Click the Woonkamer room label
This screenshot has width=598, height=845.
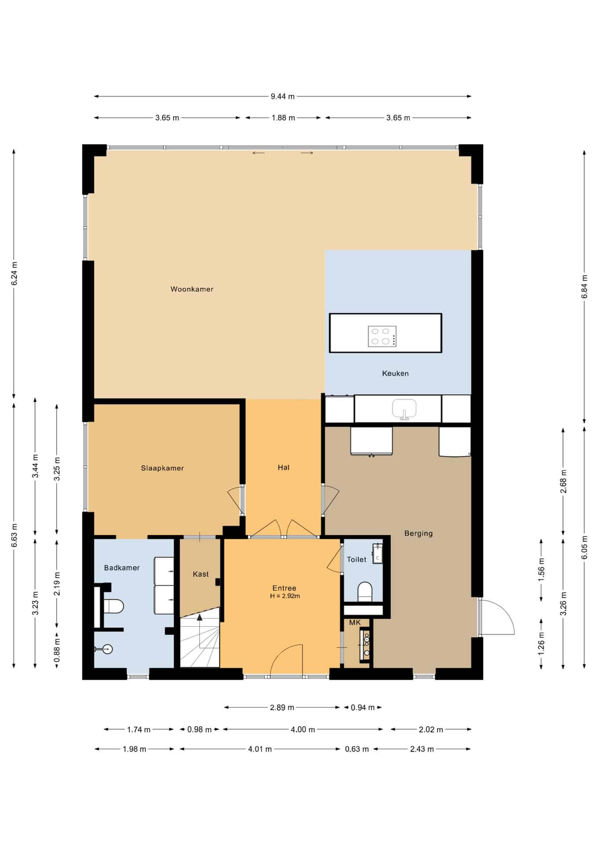click(192, 289)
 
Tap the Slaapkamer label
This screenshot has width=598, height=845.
click(162, 468)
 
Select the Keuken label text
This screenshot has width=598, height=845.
click(395, 374)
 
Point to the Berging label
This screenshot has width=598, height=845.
click(418, 534)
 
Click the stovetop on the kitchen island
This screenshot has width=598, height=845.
click(382, 336)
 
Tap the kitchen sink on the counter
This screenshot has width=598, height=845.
click(404, 409)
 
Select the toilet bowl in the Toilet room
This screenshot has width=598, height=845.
click(365, 592)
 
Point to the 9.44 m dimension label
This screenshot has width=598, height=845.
click(283, 96)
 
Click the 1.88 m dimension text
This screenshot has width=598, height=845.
click(283, 118)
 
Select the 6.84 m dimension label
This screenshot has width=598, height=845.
click(584, 287)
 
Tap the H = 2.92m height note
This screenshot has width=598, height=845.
click(285, 596)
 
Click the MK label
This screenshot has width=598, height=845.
click(355, 623)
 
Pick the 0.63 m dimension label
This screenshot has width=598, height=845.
click(357, 749)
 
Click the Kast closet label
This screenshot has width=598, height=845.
click(201, 574)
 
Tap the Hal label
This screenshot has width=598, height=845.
click(284, 468)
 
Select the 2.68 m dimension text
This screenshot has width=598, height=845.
click(563, 481)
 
